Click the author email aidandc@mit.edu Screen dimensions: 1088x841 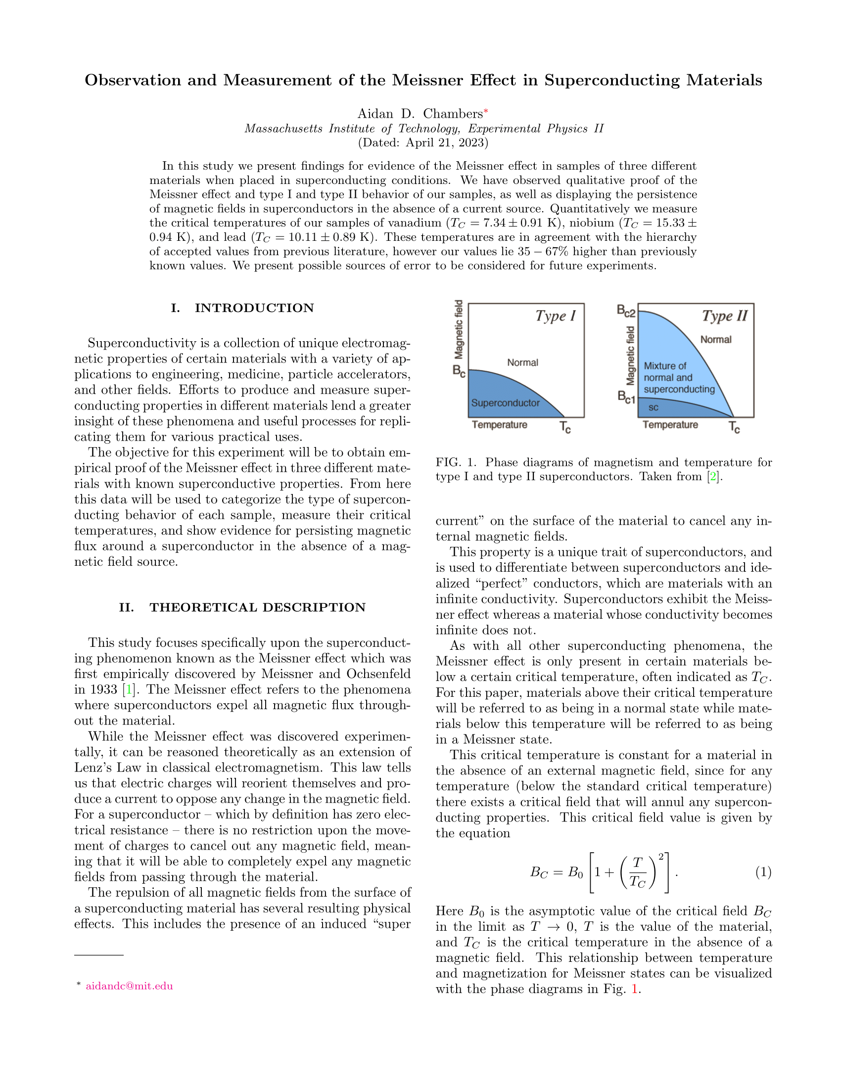[x=129, y=986]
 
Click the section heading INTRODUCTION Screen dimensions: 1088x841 [x=254, y=308]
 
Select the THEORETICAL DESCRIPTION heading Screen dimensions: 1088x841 [x=258, y=607]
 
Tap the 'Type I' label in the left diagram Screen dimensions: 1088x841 [x=556, y=316]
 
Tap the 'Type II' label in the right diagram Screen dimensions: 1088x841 [x=725, y=316]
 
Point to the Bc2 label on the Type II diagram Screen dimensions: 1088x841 [x=626, y=312]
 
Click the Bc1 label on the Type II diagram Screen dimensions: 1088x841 [x=626, y=397]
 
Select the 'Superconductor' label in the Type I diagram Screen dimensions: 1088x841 [x=505, y=403]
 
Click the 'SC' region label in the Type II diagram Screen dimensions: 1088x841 [x=654, y=408]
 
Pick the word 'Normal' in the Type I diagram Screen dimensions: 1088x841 [x=522, y=362]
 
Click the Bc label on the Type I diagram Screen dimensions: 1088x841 [x=459, y=370]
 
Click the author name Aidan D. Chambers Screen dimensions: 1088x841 [x=420, y=114]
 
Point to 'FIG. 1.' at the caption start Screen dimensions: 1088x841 [x=456, y=462]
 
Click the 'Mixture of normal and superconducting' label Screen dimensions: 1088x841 [x=679, y=378]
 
